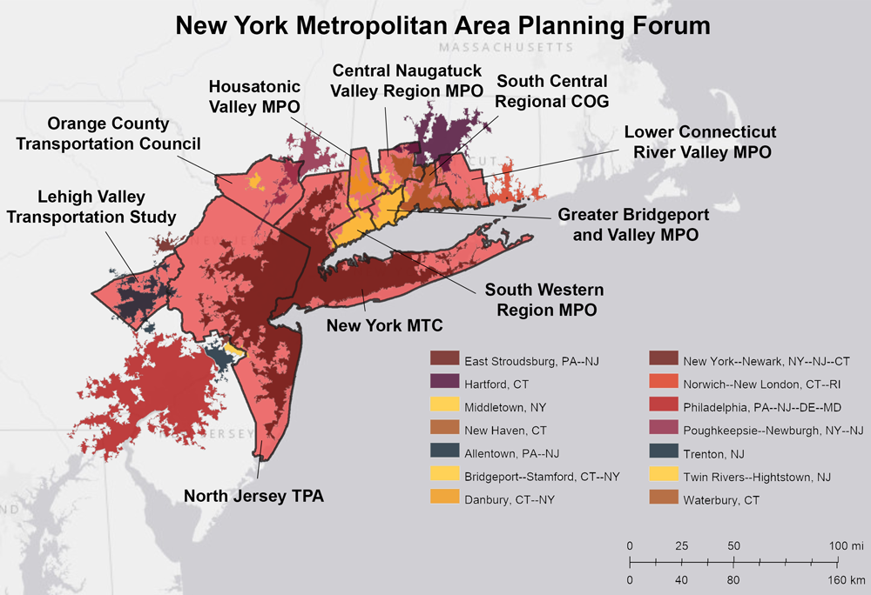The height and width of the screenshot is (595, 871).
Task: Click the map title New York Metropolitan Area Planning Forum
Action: click(x=442, y=24)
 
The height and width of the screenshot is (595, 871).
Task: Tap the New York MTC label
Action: click(x=385, y=326)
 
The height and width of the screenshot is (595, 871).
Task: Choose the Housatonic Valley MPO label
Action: click(x=254, y=97)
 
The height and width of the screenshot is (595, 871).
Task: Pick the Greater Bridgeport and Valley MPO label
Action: click(x=634, y=224)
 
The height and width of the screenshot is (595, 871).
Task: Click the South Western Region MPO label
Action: click(x=544, y=298)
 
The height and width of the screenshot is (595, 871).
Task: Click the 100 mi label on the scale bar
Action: click(x=846, y=545)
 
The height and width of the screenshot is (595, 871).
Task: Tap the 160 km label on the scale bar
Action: click(x=844, y=578)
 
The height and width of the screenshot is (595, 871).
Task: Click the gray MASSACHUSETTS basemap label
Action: click(x=506, y=46)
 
